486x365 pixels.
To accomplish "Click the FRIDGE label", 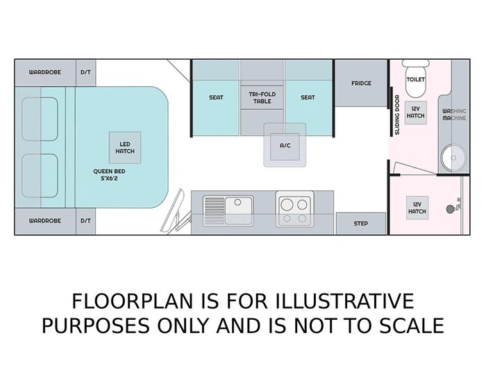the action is coord(361,83).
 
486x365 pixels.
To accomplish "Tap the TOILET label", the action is coord(415,79).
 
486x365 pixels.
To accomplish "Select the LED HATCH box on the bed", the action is coord(125,147).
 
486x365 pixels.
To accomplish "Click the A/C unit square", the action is coord(285,145).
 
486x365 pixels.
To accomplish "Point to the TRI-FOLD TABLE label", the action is coord(262,97).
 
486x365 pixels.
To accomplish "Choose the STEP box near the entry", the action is coord(361,223).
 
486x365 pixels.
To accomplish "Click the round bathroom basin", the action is coord(453,158).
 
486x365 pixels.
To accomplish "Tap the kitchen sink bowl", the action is coord(238,210).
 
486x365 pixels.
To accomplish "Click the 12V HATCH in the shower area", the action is coord(417,208).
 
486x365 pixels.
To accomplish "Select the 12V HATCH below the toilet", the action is coord(415,113).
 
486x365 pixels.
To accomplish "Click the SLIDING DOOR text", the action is coord(397,115).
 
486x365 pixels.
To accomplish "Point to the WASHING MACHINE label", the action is coord(454,114).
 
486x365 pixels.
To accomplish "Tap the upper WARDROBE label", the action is coord(45,72).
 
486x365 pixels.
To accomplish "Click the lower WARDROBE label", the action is coord(45,220).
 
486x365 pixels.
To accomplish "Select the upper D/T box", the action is coord(86,72).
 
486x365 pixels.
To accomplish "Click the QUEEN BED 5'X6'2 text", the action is coord(109,175).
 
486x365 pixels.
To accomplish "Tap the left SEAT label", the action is coord(216,97).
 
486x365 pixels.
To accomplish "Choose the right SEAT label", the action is coord(308,97).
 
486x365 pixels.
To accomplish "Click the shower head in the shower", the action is coord(450,209).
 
